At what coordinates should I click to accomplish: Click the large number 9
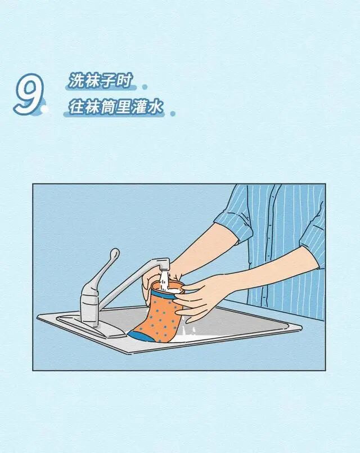pos(28,94)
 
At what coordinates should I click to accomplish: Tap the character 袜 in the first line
pos(92,80)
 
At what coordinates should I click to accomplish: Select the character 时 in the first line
pos(124,80)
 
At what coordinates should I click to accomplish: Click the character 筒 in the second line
pos(108,107)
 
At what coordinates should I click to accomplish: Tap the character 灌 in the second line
pos(140,107)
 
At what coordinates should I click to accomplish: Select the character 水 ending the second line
pos(156,107)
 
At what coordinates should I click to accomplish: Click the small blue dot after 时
pos(145,87)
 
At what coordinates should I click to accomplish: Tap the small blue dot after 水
pos(173,114)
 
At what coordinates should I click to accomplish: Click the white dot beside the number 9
pos(44,109)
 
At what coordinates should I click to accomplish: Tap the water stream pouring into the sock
pos(165,280)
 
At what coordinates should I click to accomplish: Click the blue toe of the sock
pos(140,336)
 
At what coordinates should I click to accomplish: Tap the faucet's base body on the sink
pos(89,306)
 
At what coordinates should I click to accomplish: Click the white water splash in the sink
pos(188,335)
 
